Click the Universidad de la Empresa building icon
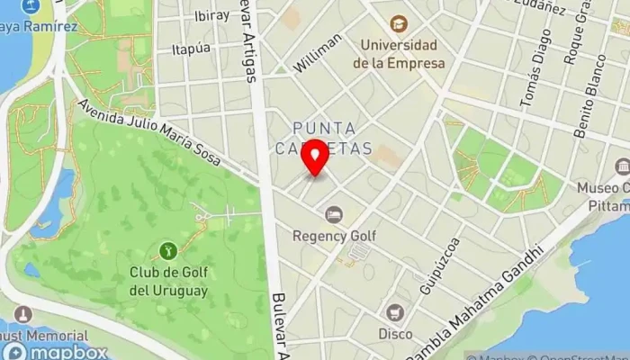click(x=398, y=22)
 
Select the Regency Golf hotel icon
click(x=334, y=214)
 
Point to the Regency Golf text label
click(x=334, y=236)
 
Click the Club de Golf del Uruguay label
click(x=167, y=282)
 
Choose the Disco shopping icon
click(x=394, y=312)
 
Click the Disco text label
click(x=395, y=334)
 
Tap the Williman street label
click(x=318, y=52)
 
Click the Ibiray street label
click(x=211, y=16)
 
